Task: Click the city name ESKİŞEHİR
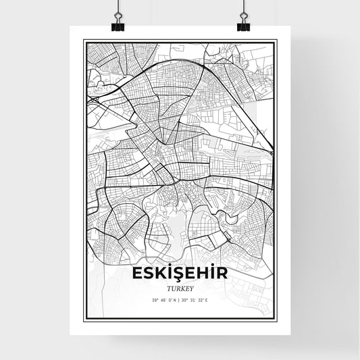point(180,273)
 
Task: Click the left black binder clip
point(118,24)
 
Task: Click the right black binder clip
point(243,24)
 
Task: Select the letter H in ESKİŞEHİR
point(202,273)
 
